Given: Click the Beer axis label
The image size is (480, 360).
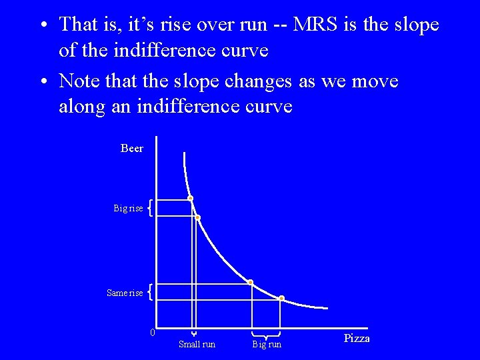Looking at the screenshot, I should pyautogui.click(x=131, y=149).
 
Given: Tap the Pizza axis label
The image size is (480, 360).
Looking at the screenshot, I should pyautogui.click(x=356, y=339).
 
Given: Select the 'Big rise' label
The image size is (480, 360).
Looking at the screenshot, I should pyautogui.click(x=128, y=209).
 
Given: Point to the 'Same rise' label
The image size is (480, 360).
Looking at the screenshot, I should pyautogui.click(x=125, y=293).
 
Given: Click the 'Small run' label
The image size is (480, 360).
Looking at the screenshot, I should pyautogui.click(x=197, y=344).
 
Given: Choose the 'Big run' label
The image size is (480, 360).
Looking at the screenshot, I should pyautogui.click(x=267, y=344).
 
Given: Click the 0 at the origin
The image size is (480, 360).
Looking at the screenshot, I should pyautogui.click(x=153, y=333).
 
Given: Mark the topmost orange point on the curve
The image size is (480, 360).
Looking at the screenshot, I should pyautogui.click(x=190, y=199).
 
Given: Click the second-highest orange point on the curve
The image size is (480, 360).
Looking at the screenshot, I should pyautogui.click(x=197, y=217).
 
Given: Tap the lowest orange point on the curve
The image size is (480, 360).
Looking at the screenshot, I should pyautogui.click(x=281, y=298).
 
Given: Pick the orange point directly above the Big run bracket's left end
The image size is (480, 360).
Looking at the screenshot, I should pyautogui.click(x=251, y=283).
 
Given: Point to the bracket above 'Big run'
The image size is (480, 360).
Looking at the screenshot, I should pyautogui.click(x=265, y=333).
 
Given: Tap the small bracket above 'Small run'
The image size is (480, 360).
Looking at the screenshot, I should pyautogui.click(x=193, y=333).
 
